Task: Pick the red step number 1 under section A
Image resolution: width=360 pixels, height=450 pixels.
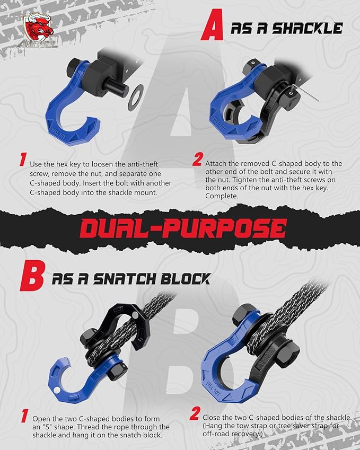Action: [x=23, y=160]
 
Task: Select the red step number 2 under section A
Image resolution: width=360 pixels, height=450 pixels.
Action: [x=197, y=160]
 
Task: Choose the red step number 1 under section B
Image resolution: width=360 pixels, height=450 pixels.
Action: [x=23, y=416]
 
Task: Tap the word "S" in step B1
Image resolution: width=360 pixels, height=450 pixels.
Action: [x=59, y=427]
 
